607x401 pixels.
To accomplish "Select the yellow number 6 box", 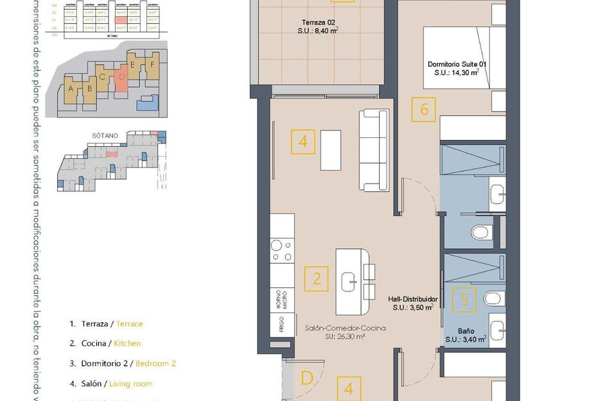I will coord(424,109).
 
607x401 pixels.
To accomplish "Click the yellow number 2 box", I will coord(317,278).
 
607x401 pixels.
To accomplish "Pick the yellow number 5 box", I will coord(464,298).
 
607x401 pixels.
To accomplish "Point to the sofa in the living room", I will coord(374,150).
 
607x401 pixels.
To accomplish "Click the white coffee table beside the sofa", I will coord(330,149).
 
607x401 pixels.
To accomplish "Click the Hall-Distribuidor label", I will coord(413,300).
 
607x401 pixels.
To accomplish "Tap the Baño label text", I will coord(466,332).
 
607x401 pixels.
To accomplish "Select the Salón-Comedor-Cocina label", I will coord(346,328).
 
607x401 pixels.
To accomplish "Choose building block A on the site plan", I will coord(71,90).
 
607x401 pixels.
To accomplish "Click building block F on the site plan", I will coord(151,65).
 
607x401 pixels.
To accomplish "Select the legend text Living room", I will coord(130,384).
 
